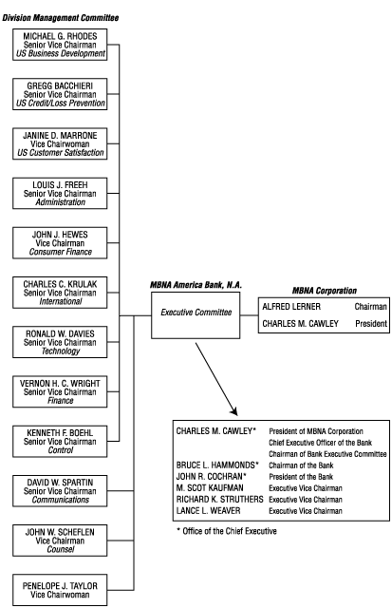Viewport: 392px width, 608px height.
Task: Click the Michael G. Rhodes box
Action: pos(65,45)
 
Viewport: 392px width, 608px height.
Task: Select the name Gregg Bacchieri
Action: pos(65,85)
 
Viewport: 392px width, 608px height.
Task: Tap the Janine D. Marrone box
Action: pos(65,143)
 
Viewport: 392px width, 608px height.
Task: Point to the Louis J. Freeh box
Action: pos(65,193)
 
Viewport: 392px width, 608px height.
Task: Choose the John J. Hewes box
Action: pos(65,242)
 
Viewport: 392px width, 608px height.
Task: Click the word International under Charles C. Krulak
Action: pos(65,300)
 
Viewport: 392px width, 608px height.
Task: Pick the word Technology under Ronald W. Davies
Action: pos(65,351)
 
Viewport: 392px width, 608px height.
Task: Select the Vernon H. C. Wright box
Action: pos(65,391)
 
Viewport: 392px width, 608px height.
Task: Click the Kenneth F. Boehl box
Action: pos(65,441)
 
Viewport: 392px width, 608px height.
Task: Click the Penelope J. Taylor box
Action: pos(65,590)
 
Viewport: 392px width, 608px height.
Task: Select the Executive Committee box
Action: pos(196,313)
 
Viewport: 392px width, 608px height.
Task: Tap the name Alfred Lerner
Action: pos(292,307)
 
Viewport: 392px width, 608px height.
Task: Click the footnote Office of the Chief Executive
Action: pos(229,531)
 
